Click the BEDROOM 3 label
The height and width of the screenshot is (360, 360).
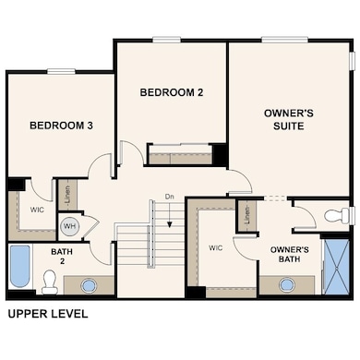point(60,126)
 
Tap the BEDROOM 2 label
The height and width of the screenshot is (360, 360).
point(171,92)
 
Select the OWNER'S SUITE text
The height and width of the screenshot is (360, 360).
point(289,121)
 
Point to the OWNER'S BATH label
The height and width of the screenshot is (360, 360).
point(289,255)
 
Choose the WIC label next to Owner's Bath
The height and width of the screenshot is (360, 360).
point(216,247)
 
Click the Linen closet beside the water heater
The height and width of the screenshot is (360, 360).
point(67,194)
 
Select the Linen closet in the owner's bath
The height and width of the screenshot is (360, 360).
point(246,216)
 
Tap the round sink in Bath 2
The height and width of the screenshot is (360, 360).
point(90,284)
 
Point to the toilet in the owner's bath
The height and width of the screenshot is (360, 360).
point(338,216)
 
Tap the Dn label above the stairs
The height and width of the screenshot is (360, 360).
point(170,197)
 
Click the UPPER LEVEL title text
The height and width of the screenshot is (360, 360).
point(48,314)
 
